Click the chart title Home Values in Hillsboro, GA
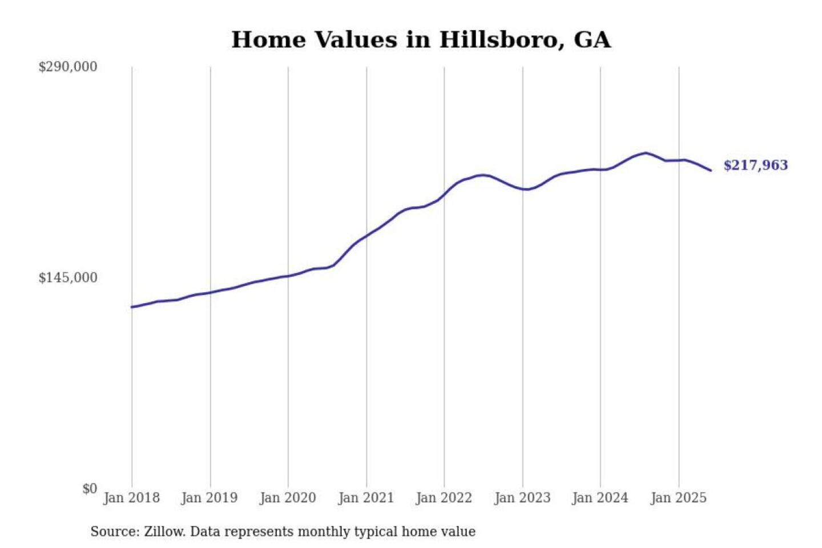pyautogui.click(x=421, y=40)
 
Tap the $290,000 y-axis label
pyautogui.click(x=68, y=67)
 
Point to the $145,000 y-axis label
pyautogui.click(x=68, y=278)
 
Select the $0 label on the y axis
pyautogui.click(x=90, y=489)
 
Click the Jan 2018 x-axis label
pyautogui.click(x=131, y=498)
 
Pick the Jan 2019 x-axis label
pyautogui.click(x=209, y=498)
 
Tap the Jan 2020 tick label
pyautogui.click(x=288, y=498)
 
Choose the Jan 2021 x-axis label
pyautogui.click(x=366, y=498)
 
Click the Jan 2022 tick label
pyautogui.click(x=444, y=498)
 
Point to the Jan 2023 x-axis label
pyautogui.click(x=522, y=498)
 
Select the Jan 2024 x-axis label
pyautogui.click(x=600, y=498)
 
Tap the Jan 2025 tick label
pyautogui.click(x=679, y=498)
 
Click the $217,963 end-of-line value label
pyautogui.click(x=755, y=166)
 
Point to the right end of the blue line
pyautogui.click(x=711, y=170)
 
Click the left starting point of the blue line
pyautogui.click(x=132, y=307)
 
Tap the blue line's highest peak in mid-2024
pyautogui.click(x=646, y=153)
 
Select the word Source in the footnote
pyautogui.click(x=113, y=532)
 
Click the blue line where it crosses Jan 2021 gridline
pyautogui.click(x=366, y=235)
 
